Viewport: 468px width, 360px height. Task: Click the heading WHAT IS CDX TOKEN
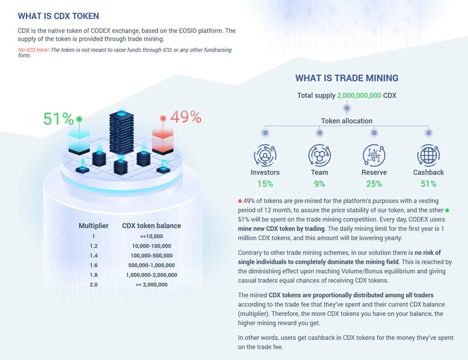58,16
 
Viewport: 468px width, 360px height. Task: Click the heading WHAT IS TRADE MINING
346,78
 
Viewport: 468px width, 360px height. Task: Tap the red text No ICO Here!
34,50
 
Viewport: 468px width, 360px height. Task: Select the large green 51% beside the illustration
58,119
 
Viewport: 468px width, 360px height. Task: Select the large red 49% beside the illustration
185,117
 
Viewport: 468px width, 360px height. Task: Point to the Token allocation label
346,121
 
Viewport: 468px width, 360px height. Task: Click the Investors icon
265,155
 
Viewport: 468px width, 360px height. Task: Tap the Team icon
319,155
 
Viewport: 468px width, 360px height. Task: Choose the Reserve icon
374,155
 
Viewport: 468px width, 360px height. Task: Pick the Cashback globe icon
428,155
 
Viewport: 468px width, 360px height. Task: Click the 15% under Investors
265,184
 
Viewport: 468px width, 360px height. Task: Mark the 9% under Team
319,184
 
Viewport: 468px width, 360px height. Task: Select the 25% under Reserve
374,184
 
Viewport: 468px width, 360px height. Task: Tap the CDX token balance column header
151,226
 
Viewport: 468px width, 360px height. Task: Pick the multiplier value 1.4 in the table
94,255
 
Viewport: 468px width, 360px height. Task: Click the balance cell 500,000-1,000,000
151,265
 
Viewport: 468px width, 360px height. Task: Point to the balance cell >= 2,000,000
151,285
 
